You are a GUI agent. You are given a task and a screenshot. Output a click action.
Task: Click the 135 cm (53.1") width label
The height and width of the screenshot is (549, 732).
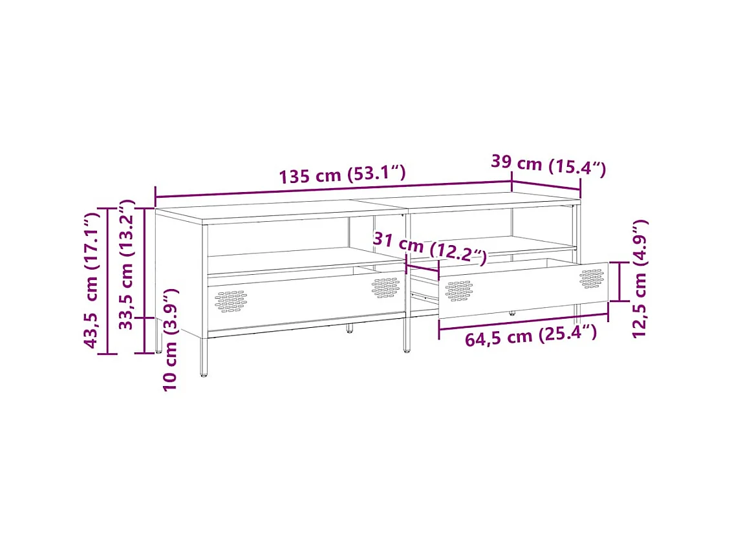point(342,175)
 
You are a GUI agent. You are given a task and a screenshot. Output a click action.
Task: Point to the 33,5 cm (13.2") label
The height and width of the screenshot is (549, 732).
point(125,265)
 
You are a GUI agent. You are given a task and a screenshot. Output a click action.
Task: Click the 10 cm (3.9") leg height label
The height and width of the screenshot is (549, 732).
point(169,340)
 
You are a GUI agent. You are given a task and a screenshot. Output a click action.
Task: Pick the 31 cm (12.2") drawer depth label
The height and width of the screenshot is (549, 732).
point(429,248)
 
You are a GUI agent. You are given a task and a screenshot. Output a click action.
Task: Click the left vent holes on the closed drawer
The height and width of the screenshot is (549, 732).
point(231,301)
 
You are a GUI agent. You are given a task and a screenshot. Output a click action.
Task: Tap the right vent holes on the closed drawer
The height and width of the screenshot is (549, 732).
point(385,287)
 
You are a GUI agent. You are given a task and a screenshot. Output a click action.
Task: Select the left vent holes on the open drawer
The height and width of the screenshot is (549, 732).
point(458,290)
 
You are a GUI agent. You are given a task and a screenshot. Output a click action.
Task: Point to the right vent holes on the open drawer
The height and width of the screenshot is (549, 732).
point(591,278)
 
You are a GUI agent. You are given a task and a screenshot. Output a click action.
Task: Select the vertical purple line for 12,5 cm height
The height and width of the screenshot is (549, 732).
point(619,281)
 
